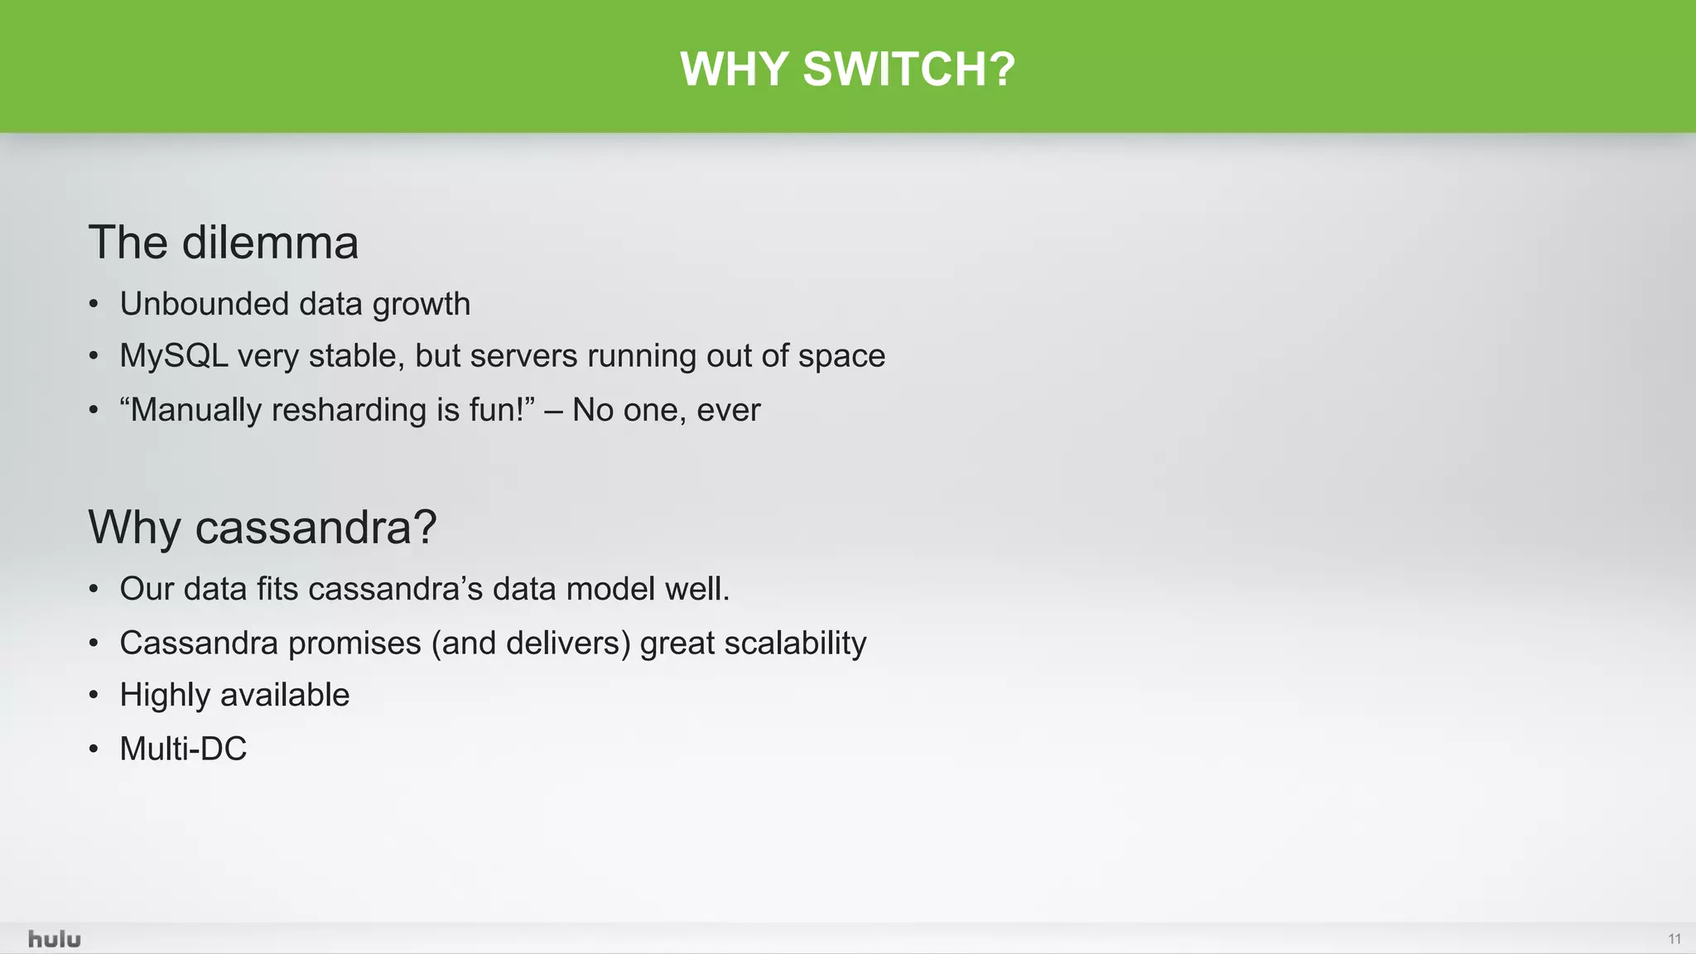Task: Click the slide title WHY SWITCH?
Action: point(847,69)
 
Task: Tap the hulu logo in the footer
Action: point(55,939)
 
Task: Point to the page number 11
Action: point(1674,939)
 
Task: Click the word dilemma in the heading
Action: point(270,243)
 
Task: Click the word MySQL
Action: point(173,356)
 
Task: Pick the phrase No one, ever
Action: point(666,410)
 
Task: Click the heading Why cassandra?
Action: point(263,527)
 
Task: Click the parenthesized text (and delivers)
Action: point(531,643)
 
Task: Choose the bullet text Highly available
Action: point(234,695)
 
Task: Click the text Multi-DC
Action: point(183,749)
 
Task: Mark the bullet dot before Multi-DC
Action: point(94,749)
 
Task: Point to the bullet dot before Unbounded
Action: point(94,305)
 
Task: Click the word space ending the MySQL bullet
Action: point(841,356)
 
